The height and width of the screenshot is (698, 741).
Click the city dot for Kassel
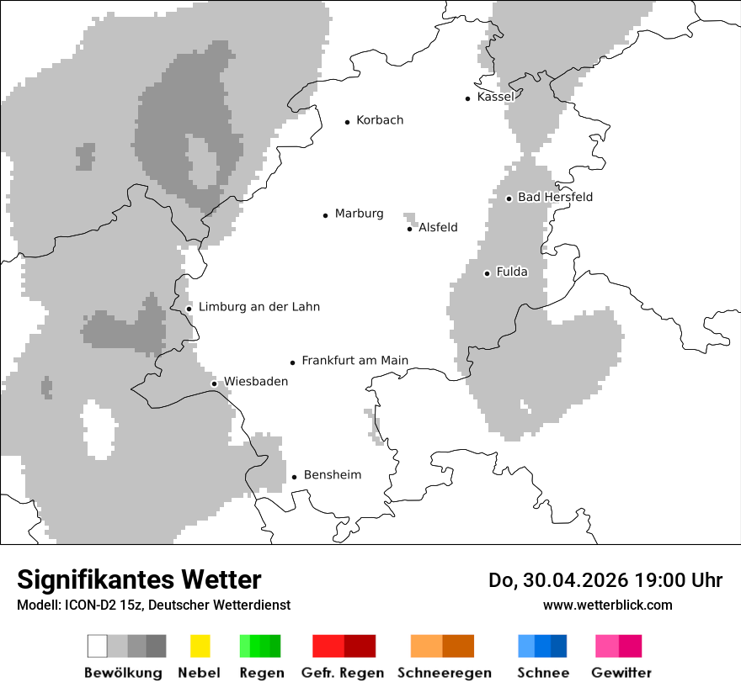(468, 98)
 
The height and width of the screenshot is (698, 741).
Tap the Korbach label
(380, 120)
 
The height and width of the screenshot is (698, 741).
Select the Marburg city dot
(325, 215)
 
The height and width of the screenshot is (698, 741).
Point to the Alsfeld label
(438, 227)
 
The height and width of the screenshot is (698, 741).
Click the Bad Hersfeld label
(555, 198)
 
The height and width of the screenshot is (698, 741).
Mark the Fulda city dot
(487, 273)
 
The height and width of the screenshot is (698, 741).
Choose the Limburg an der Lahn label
(259, 307)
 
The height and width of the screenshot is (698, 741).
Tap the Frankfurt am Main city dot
(293, 362)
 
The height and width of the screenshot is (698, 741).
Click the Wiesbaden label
(256, 382)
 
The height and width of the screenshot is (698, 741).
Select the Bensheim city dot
(294, 478)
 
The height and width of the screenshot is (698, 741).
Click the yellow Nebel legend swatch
(200, 646)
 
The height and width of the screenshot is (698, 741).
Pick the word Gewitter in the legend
(621, 673)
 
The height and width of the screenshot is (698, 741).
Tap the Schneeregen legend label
(444, 673)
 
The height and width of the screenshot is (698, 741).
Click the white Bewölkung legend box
(98, 646)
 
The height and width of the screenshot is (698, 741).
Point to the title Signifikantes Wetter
(139, 580)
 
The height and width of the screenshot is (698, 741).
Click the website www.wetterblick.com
(607, 605)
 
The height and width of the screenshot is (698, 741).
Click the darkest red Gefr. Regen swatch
(360, 646)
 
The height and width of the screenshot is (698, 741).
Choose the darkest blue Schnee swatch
(559, 646)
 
